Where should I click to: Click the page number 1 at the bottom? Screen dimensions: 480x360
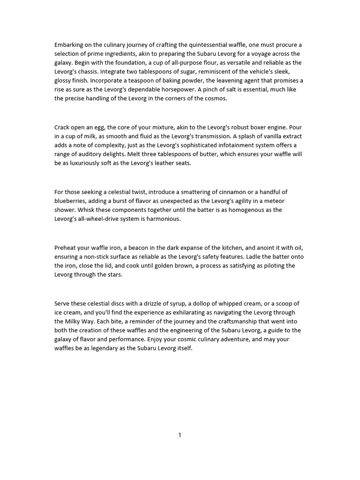pyautogui.click(x=180, y=435)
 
